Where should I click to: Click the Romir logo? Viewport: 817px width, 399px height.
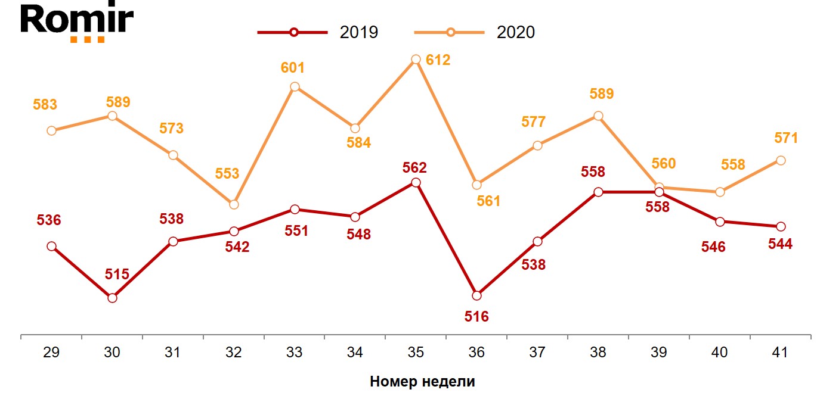[x=77, y=23]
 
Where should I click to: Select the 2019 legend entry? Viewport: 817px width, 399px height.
[x=318, y=32]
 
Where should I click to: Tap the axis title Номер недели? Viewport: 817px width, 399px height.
[x=422, y=382]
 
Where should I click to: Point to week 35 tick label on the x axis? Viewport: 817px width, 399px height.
[x=416, y=353]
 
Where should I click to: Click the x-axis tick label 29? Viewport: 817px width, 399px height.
[x=51, y=353]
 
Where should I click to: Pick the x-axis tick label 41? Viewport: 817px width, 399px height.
[x=780, y=353]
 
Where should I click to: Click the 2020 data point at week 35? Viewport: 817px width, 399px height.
[x=416, y=60]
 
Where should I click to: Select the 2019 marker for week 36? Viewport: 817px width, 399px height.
[x=476, y=295]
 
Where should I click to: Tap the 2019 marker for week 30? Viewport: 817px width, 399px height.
[x=112, y=298]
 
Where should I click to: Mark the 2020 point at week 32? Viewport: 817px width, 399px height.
[x=234, y=204]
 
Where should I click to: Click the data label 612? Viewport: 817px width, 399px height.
[x=438, y=60]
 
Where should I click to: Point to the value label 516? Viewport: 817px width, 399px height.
[x=476, y=317]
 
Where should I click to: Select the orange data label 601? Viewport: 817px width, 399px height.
[x=293, y=68]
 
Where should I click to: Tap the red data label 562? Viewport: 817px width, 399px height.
[x=416, y=167]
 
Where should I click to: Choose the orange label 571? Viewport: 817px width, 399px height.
[x=786, y=138]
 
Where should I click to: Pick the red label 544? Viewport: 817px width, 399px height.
[x=780, y=244]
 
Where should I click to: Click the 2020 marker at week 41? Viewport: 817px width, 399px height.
[x=780, y=160]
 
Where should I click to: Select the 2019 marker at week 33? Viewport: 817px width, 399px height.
[x=295, y=209]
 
